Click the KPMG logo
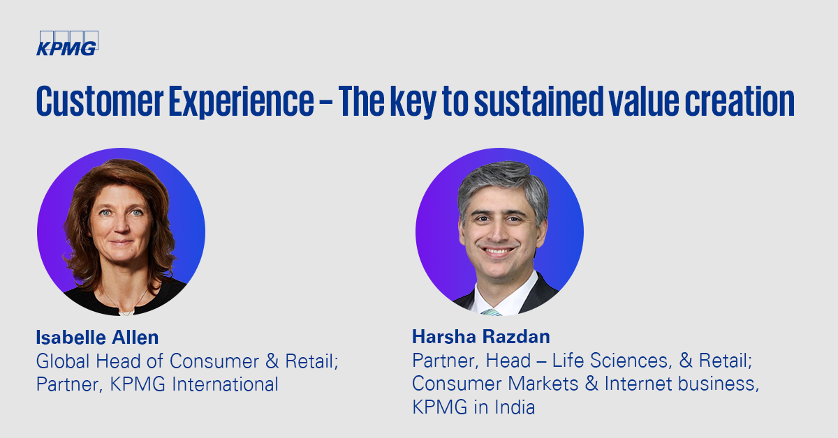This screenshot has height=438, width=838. (x=67, y=43)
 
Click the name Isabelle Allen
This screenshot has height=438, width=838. (x=97, y=338)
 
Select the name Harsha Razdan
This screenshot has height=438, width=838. (x=481, y=337)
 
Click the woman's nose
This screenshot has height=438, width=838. (x=121, y=227)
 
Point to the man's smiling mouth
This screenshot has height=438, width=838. (x=499, y=251)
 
